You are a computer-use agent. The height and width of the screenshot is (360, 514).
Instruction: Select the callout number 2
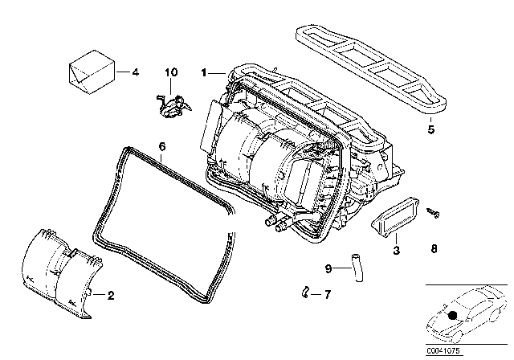click(x=111, y=296)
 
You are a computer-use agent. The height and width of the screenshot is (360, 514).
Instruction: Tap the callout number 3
click(x=395, y=251)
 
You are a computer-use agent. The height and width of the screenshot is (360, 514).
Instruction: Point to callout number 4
click(x=135, y=72)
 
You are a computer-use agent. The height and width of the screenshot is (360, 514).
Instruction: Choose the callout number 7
click(x=327, y=295)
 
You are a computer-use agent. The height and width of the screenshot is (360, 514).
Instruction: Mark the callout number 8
click(x=434, y=250)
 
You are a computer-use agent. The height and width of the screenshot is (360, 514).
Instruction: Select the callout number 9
click(x=328, y=268)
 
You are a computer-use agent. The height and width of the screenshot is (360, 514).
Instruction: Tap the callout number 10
click(x=169, y=73)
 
